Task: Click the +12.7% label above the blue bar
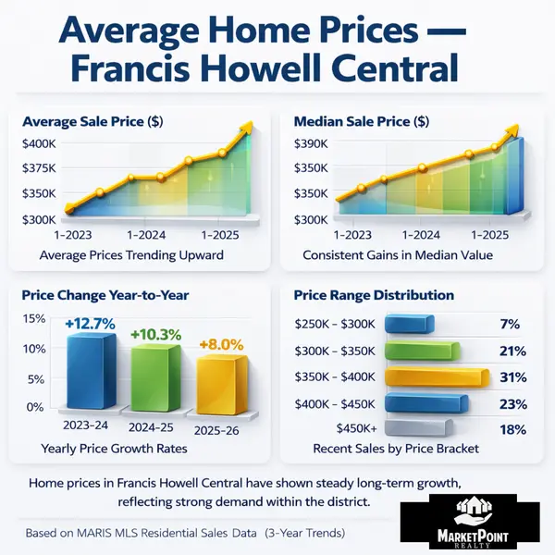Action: click(x=90, y=324)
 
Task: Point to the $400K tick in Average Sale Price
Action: click(x=41, y=143)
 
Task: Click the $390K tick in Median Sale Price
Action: click(x=311, y=143)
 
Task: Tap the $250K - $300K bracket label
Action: click(x=334, y=325)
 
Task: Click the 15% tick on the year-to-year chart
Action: click(x=33, y=318)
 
